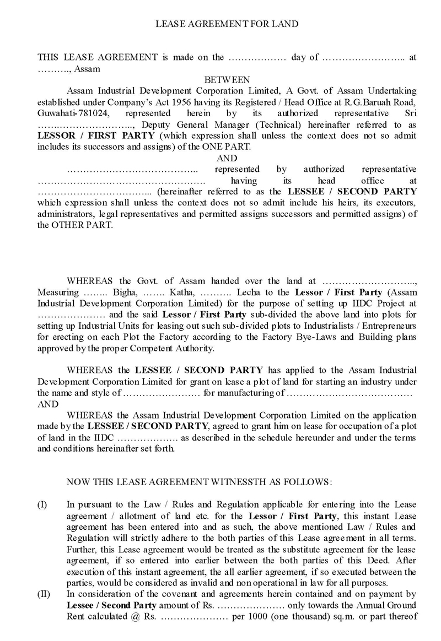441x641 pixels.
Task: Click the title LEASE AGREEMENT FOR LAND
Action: point(227,24)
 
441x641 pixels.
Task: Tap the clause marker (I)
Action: point(42,504)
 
